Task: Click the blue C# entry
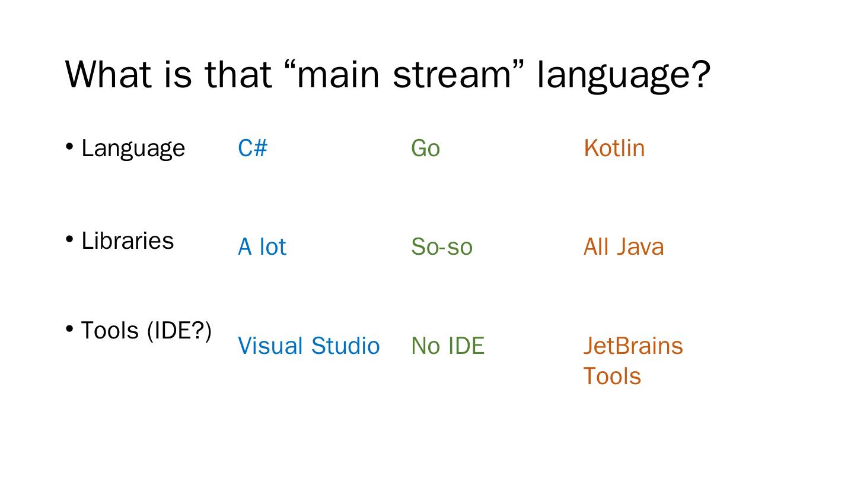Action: coord(253,148)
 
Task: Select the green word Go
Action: coord(425,148)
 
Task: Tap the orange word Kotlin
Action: coord(614,148)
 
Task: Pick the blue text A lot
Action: coord(262,246)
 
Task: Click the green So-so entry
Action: coord(442,246)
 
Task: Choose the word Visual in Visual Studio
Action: coord(270,346)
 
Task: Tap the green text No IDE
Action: coord(448,346)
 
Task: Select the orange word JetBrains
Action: coord(633,346)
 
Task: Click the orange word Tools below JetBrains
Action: coord(612,376)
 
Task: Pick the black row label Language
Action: coord(133,148)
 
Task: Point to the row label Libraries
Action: coord(128,240)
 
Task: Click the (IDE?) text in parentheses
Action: coord(179,330)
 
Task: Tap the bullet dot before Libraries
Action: coord(69,239)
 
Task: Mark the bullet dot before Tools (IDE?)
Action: coord(69,328)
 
